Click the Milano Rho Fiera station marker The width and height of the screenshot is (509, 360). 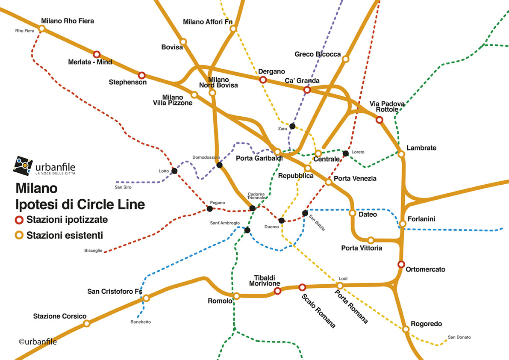click(42, 28)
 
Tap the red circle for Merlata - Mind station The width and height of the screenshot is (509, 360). click(97, 54)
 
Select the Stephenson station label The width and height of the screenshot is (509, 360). click(127, 82)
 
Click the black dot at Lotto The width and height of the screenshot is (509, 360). click(174, 171)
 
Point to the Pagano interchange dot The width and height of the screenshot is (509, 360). click(210, 209)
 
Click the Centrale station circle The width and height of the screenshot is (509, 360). click(318, 153)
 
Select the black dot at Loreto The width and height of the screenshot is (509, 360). click(346, 153)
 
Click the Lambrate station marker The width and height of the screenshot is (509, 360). click(401, 154)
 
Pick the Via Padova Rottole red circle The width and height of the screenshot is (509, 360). click(379, 120)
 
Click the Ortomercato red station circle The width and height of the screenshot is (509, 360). click(401, 264)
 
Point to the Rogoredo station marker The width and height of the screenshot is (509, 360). click(406, 329)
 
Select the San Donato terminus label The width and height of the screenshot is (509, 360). click(459, 337)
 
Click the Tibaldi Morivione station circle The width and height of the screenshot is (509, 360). click(277, 291)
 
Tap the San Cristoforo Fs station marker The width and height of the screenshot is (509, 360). click(146, 298)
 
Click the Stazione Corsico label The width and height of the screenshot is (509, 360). click(60, 316)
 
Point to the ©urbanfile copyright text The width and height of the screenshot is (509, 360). click(38, 341)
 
